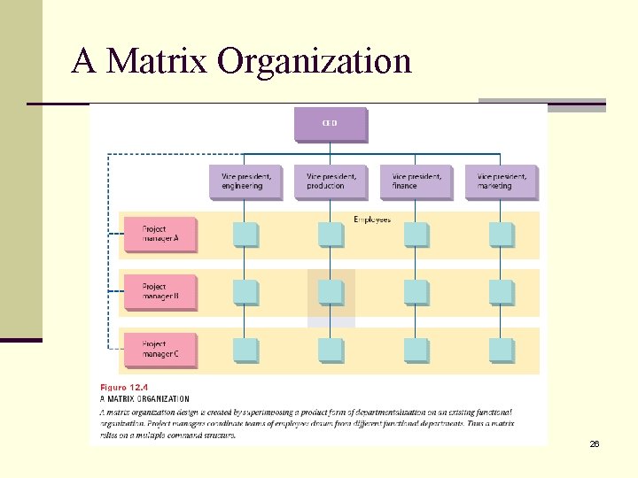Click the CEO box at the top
point(330,124)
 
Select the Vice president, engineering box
point(245,181)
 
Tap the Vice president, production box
point(330,181)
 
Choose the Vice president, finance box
point(416,181)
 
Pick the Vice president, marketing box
point(501,181)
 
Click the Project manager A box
point(159,235)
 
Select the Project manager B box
point(159,292)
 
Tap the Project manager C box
point(159,349)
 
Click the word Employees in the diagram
point(372,219)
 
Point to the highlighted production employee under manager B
point(331,292)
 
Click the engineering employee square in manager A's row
point(245,235)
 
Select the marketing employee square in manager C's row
point(501,350)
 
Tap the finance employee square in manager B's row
point(416,292)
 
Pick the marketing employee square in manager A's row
point(501,235)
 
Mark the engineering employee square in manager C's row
point(245,350)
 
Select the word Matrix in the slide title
point(156,61)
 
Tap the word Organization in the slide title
point(315,61)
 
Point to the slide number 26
point(595,443)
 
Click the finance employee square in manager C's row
point(416,350)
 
